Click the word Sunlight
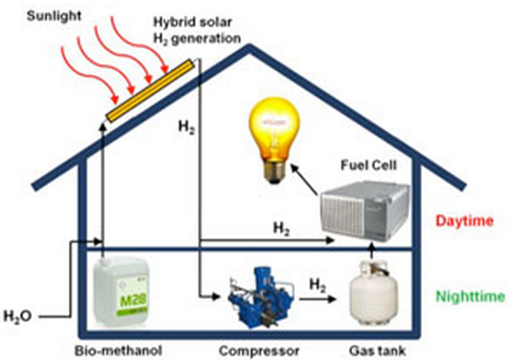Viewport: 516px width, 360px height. click(x=54, y=16)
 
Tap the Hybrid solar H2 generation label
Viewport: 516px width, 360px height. click(x=197, y=30)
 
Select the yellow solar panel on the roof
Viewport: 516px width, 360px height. click(x=150, y=91)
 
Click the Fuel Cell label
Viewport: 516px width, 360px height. click(x=369, y=165)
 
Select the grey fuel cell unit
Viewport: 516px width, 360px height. click(x=366, y=211)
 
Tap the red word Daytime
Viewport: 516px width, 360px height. click(x=465, y=220)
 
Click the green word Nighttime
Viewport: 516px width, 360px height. click(x=471, y=296)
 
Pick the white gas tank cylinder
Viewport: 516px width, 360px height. click(x=373, y=294)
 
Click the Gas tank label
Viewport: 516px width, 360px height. click(x=377, y=351)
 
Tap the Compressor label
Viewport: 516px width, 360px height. click(x=260, y=351)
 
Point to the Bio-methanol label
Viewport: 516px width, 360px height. click(x=118, y=351)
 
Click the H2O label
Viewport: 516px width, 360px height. click(x=18, y=316)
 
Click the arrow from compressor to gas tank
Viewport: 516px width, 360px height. click(x=318, y=299)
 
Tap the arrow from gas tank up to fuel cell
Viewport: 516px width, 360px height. click(x=371, y=250)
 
